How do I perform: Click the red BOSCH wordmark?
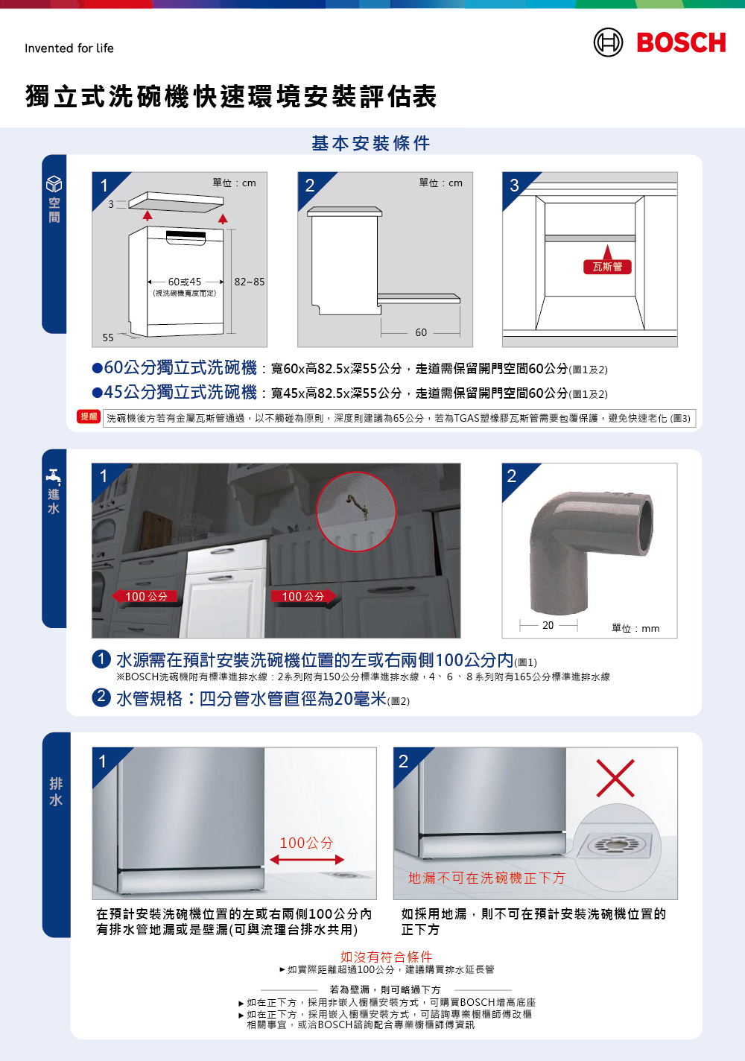[681, 42]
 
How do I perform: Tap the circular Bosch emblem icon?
[608, 42]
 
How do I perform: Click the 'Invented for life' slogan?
[69, 48]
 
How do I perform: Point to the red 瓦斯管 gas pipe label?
[607, 267]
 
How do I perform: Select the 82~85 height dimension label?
[250, 282]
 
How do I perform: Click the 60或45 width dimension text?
[185, 282]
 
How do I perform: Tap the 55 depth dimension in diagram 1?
[108, 338]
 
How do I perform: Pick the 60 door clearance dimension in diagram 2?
[421, 332]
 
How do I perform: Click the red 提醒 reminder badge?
[89, 417]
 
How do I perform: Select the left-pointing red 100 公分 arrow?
[145, 596]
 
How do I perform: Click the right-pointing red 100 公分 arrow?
[304, 596]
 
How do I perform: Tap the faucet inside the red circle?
[357, 506]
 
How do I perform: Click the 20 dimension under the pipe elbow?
[548, 625]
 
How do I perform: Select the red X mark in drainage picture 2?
[615, 778]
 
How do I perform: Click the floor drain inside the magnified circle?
[615, 844]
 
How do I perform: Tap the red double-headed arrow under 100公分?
[307, 860]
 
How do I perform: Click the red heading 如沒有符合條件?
[386, 957]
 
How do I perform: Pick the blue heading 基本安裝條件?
[371, 143]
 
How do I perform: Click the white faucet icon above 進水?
[54, 477]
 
